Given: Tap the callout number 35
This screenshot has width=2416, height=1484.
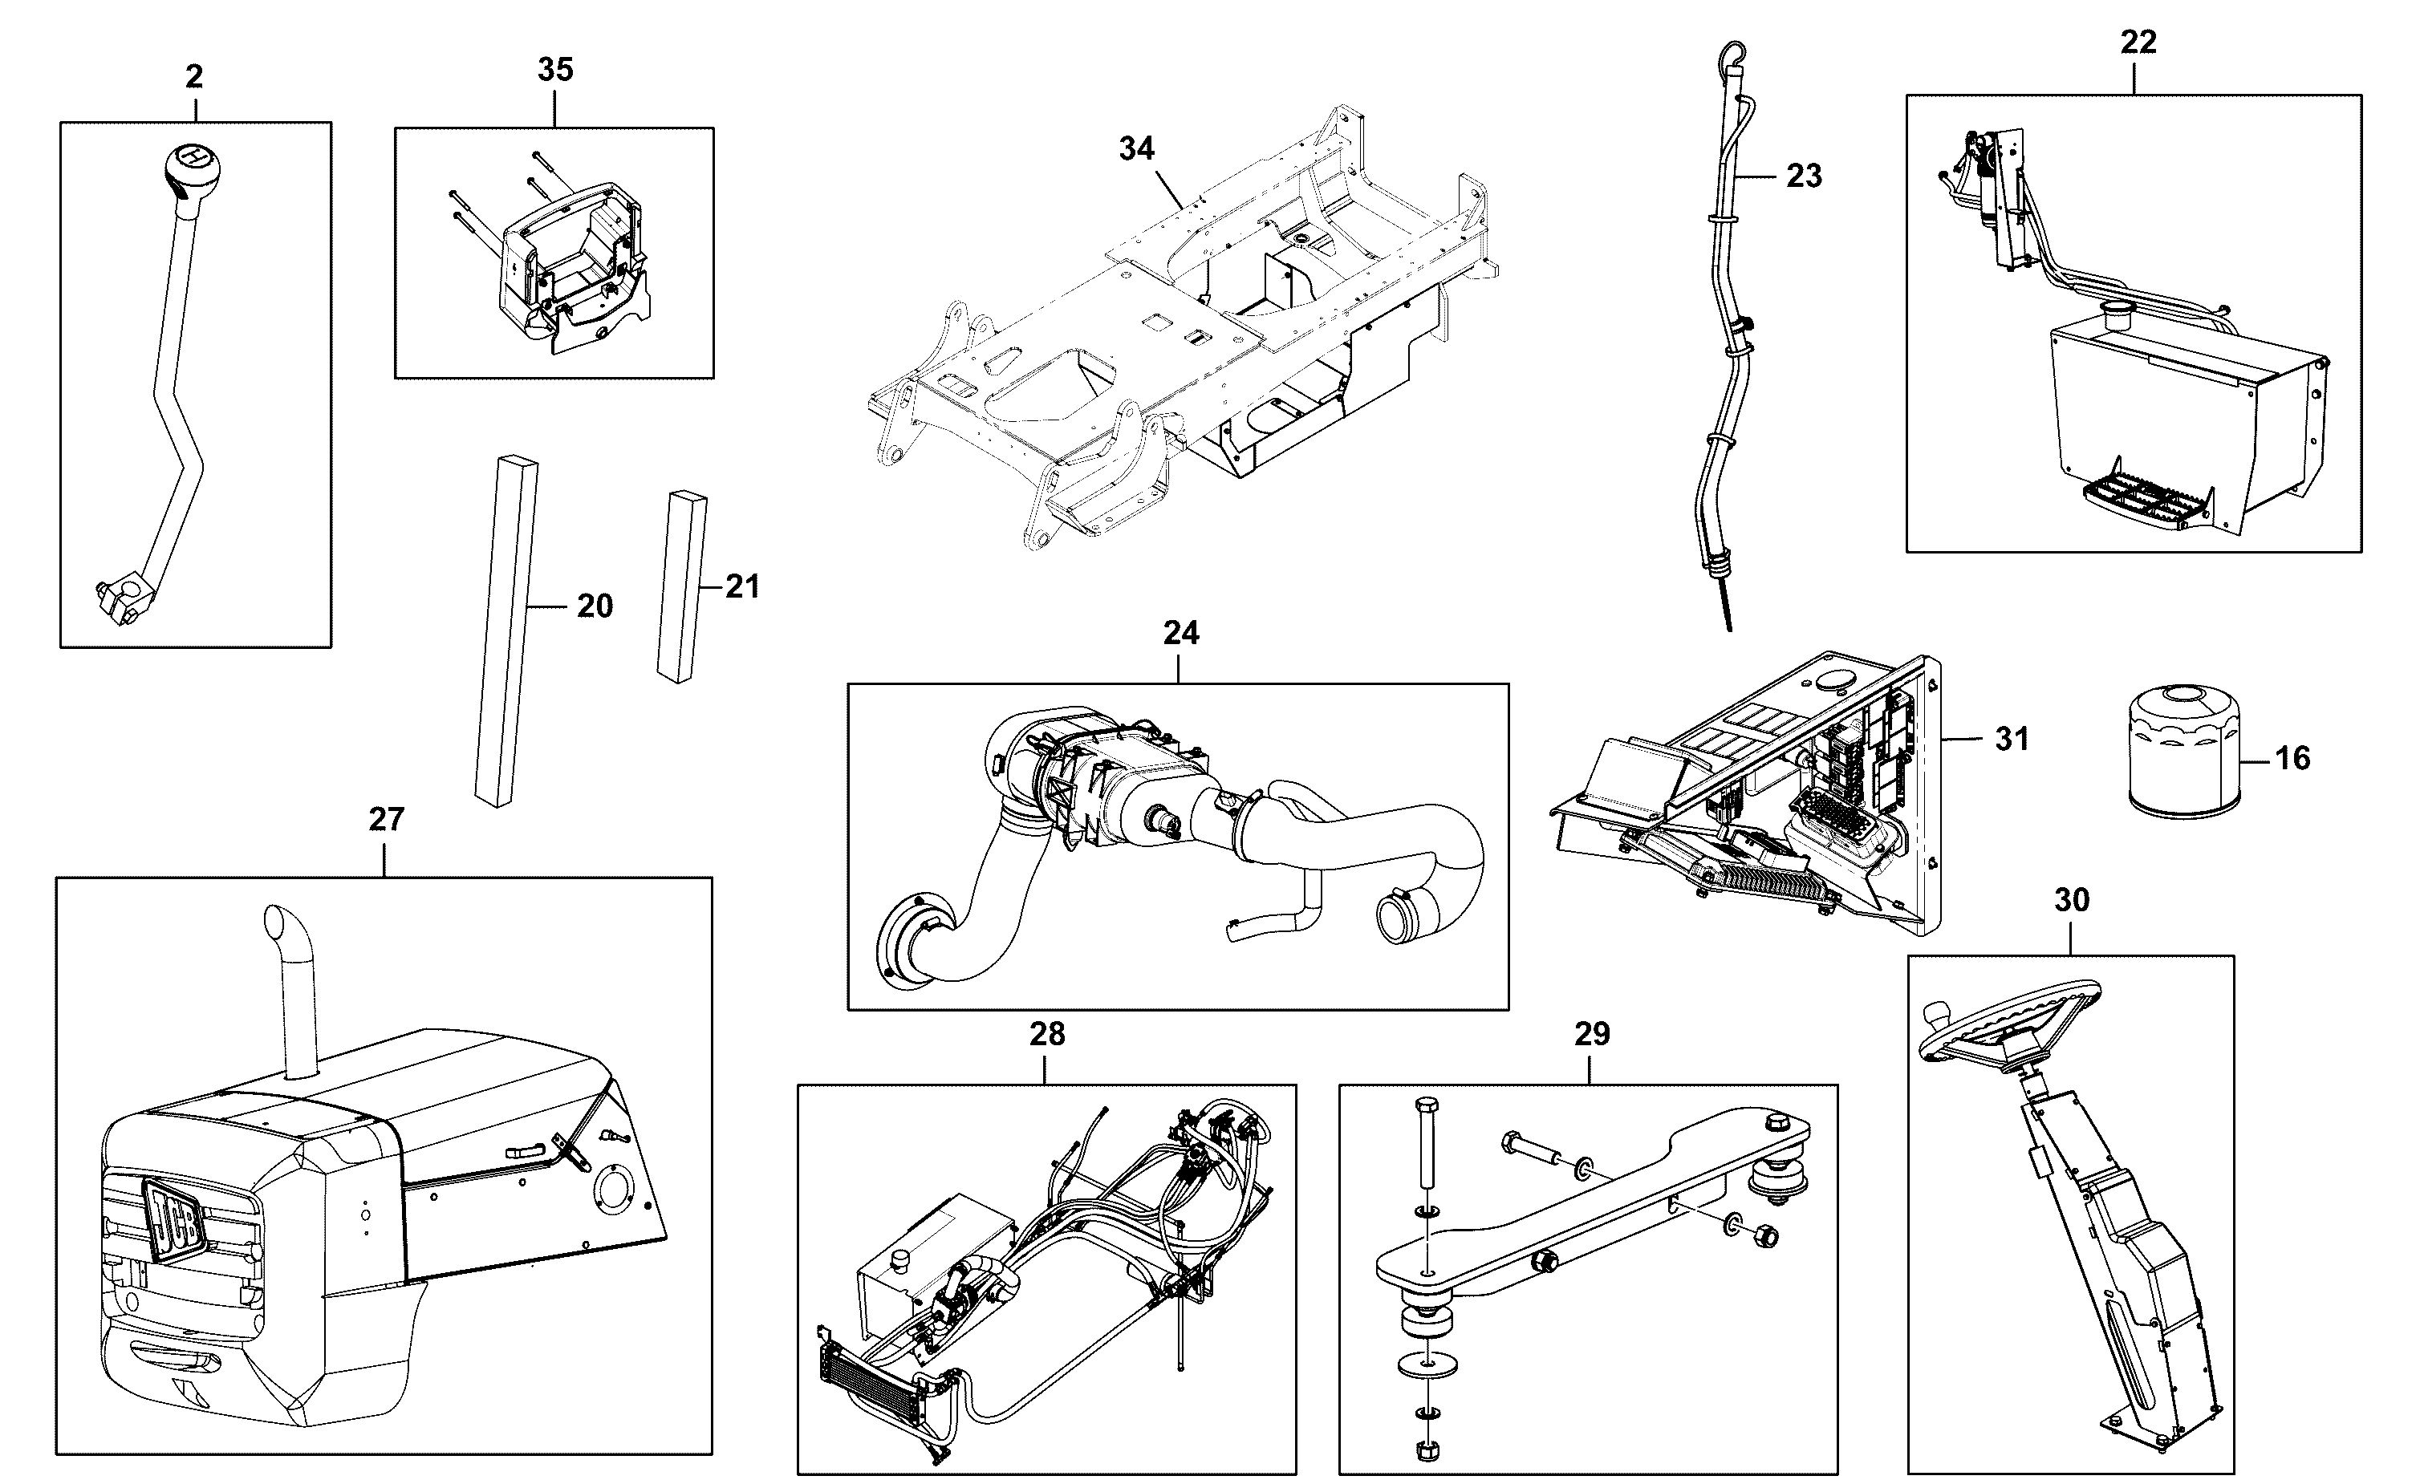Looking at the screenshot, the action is pos(555,70).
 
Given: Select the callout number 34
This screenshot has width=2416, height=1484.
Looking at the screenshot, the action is pos(1137,148).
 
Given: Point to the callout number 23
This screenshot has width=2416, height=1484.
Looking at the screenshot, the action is pos(1805,176).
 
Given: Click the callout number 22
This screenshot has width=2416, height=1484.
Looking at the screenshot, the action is pos(2138,43).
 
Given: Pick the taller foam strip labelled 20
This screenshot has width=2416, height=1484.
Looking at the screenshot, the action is pos(506,631).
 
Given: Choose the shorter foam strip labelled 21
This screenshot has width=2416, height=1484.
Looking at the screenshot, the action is pos(682,586).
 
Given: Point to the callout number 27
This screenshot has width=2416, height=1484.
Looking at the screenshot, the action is pos(387,818).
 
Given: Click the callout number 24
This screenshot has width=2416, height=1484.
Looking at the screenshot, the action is pos(1181,633).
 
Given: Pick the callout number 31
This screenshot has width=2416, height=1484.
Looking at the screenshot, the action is pos(2012,739).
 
